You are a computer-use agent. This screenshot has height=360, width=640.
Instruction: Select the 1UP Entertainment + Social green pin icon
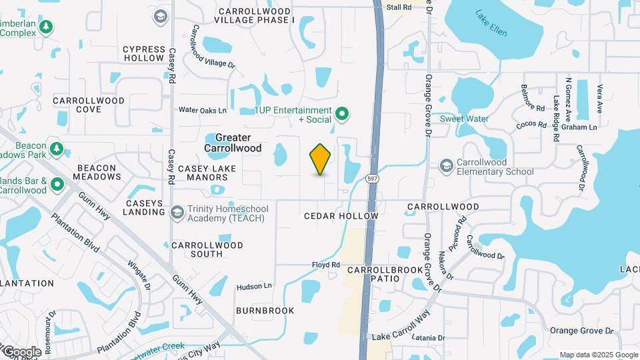point(342,115)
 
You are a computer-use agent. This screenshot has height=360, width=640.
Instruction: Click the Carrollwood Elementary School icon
point(447,165)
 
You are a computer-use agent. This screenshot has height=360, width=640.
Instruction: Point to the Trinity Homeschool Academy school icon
point(177,212)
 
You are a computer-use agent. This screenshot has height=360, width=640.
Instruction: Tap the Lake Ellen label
point(491,23)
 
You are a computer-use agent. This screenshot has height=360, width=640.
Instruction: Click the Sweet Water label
point(464,119)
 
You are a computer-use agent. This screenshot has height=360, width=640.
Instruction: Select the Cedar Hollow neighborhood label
point(333,217)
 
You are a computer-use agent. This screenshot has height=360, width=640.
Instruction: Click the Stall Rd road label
point(399,7)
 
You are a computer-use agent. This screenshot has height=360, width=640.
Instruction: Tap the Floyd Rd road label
point(326,265)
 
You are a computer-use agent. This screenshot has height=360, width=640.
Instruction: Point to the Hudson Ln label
point(254,287)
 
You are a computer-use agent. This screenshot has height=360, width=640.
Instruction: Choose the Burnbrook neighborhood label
point(265,311)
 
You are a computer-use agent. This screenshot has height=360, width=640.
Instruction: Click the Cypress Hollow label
point(143,53)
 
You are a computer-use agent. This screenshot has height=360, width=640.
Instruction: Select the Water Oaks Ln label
point(202,110)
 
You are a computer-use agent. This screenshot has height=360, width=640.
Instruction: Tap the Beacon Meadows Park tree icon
point(57,149)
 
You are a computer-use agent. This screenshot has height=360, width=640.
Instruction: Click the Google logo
point(21,351)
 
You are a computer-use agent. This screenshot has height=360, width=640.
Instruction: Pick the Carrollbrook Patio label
point(385,274)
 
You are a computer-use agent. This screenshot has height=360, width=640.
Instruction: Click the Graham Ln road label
point(579,127)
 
